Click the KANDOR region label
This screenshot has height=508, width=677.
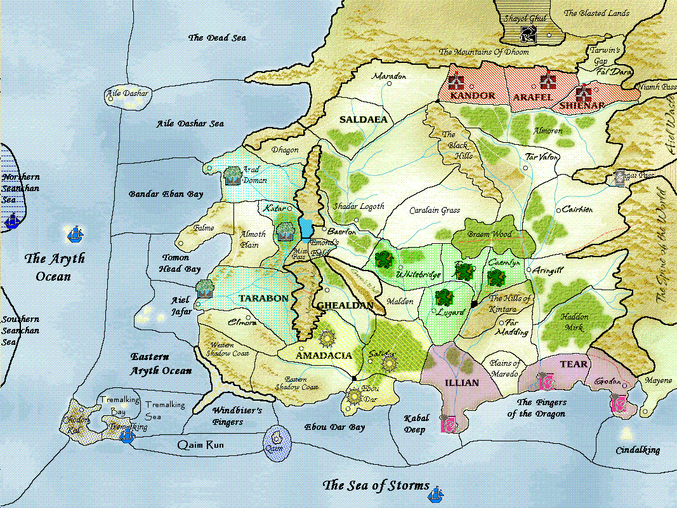coord(472,96)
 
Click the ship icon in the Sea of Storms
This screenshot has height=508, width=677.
coord(437,492)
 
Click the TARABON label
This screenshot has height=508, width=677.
coord(263,298)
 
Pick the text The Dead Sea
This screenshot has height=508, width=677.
coord(216,38)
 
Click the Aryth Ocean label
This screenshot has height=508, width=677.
coord(54,267)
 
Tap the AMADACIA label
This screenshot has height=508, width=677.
coord(324,356)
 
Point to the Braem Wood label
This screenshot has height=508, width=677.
coord(490,234)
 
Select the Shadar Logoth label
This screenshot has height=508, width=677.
coord(359,206)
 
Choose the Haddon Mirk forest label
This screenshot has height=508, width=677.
coord(575,322)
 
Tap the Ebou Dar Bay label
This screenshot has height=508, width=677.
coord(334,427)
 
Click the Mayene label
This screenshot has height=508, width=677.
coord(658,381)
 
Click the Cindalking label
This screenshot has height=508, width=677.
coord(638,450)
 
